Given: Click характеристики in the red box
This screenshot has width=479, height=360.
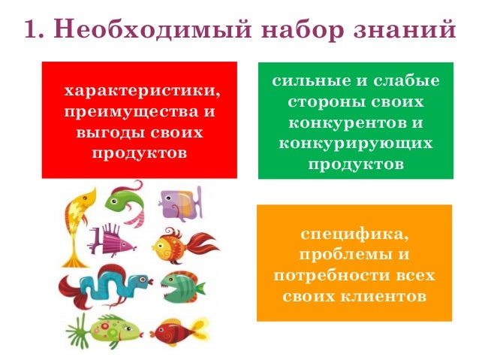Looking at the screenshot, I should pyautogui.click(x=143, y=91).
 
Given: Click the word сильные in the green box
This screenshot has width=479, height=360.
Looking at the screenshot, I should pyautogui.click(x=304, y=81).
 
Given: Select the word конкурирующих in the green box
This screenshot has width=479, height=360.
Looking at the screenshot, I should pyautogui.click(x=355, y=142).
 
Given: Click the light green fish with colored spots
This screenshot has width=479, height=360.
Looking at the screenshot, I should pyautogui.click(x=109, y=328).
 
